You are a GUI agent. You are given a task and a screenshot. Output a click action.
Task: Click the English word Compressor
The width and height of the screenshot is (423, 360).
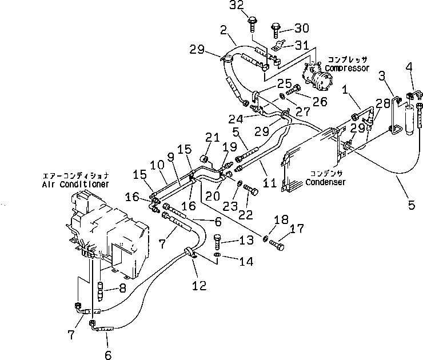pyautogui.click(x=347, y=68)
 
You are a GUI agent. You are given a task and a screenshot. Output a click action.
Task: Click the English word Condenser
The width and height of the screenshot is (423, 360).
pyautogui.click(x=325, y=182)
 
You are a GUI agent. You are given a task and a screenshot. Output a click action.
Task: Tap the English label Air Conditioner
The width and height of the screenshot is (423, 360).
pyautogui.click(x=75, y=184)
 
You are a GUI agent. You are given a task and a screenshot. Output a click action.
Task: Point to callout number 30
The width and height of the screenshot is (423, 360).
pyautogui.click(x=301, y=28)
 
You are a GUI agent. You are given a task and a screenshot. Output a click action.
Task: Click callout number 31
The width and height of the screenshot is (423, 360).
pyautogui.click(x=302, y=45)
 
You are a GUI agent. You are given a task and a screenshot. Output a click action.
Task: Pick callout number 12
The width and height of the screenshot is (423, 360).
pyautogui.click(x=199, y=285)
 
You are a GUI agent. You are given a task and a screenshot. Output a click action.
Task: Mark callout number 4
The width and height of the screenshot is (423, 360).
pyautogui.click(x=409, y=67)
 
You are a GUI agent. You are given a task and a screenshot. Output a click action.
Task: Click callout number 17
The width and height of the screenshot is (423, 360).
pyautogui.click(x=297, y=229)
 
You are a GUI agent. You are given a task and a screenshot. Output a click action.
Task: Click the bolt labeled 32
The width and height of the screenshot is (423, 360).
pyautogui.click(x=253, y=24)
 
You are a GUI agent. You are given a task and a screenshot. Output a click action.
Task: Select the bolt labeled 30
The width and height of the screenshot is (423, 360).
pyautogui.click(x=276, y=30)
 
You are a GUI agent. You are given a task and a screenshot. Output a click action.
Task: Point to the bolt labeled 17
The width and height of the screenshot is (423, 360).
pyautogui.click(x=277, y=245)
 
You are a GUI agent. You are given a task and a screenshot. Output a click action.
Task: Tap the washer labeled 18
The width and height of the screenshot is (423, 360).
pyautogui.click(x=265, y=238)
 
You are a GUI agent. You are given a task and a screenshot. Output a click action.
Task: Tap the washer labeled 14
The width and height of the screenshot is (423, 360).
pyautogui.click(x=217, y=254)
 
